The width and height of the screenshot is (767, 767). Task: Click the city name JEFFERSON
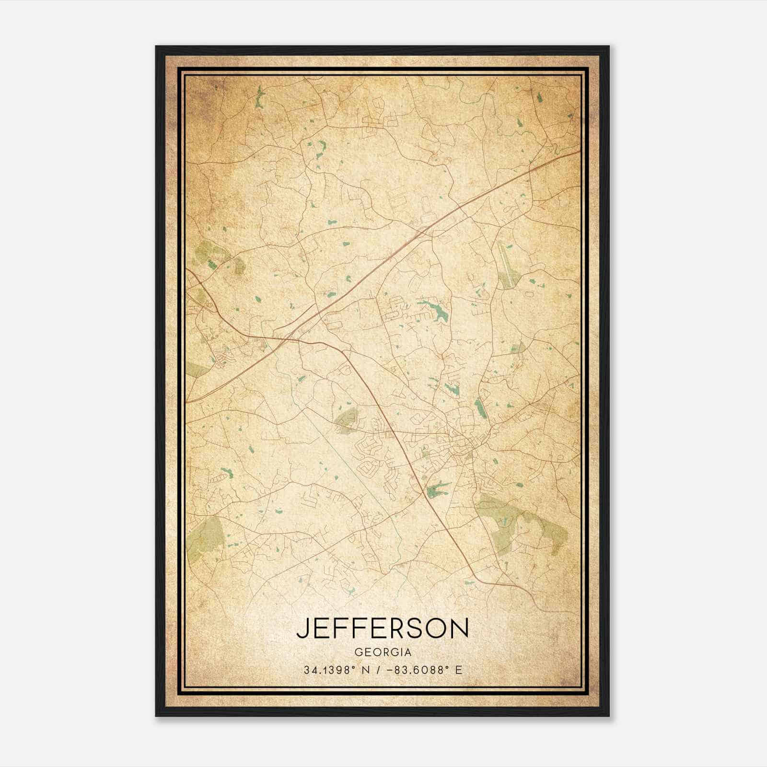[x=383, y=628]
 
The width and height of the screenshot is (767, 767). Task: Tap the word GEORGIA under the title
[x=383, y=652]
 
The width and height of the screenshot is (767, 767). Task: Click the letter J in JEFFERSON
[x=302, y=628]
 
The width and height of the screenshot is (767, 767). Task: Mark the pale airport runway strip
[x=505, y=259]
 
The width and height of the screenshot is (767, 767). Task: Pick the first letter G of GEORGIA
[x=358, y=652]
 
